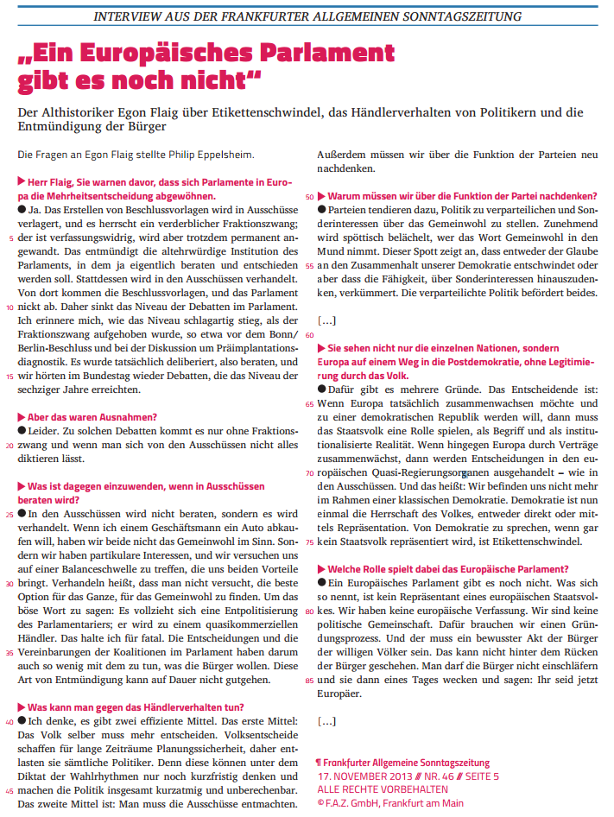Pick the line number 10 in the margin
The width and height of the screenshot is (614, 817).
[9, 307]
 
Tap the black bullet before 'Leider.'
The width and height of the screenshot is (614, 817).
[22, 431]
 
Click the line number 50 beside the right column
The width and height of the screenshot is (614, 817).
[310, 196]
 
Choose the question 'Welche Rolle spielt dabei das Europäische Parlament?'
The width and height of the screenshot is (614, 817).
[447, 569]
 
